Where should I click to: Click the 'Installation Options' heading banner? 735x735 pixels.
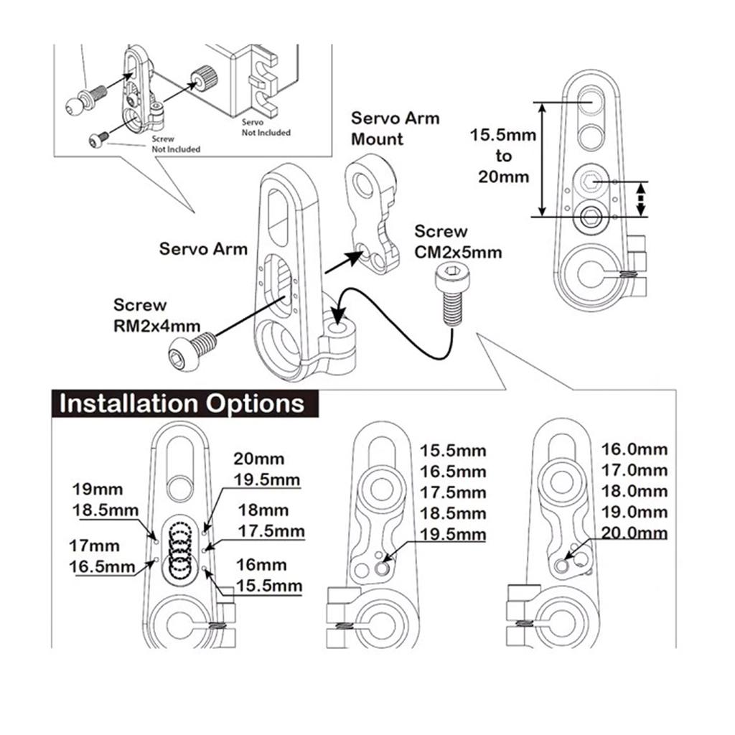coord(182,403)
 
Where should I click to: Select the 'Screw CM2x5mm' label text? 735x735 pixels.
coord(458,242)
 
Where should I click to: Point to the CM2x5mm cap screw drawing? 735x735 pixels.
coord(451,294)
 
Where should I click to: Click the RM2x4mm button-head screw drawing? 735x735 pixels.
coord(190,352)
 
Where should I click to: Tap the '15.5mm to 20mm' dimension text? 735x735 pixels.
coord(503,156)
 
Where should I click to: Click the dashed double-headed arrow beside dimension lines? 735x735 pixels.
coord(642,199)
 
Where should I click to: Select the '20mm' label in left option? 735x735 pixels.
coord(258,459)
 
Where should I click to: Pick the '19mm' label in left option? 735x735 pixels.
coord(98,490)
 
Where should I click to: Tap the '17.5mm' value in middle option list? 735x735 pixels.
coord(453,493)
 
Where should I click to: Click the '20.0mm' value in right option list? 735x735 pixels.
coord(634,533)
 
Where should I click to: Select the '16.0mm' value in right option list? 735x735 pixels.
coord(634,449)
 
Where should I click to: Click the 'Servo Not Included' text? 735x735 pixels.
coord(266,127)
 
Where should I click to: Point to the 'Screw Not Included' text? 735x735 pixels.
coord(175,144)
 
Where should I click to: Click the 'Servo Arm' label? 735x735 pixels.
coord(203,249)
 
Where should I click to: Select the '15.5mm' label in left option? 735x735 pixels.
coord(268,586)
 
